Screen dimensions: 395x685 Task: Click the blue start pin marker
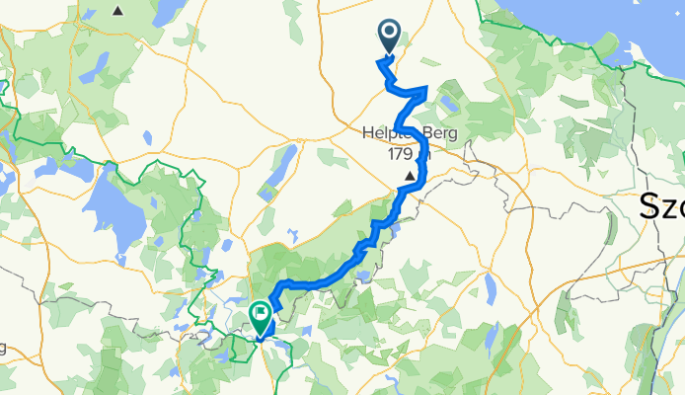pos(388,37)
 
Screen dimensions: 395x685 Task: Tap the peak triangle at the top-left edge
pos(118,12)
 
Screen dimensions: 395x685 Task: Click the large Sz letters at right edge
pos(661,207)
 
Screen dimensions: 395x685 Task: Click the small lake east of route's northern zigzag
pos(451,102)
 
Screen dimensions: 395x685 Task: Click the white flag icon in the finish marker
pos(261,313)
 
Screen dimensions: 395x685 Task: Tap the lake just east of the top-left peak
pos(166,12)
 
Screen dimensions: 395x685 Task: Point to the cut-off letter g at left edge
pos(3,348)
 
